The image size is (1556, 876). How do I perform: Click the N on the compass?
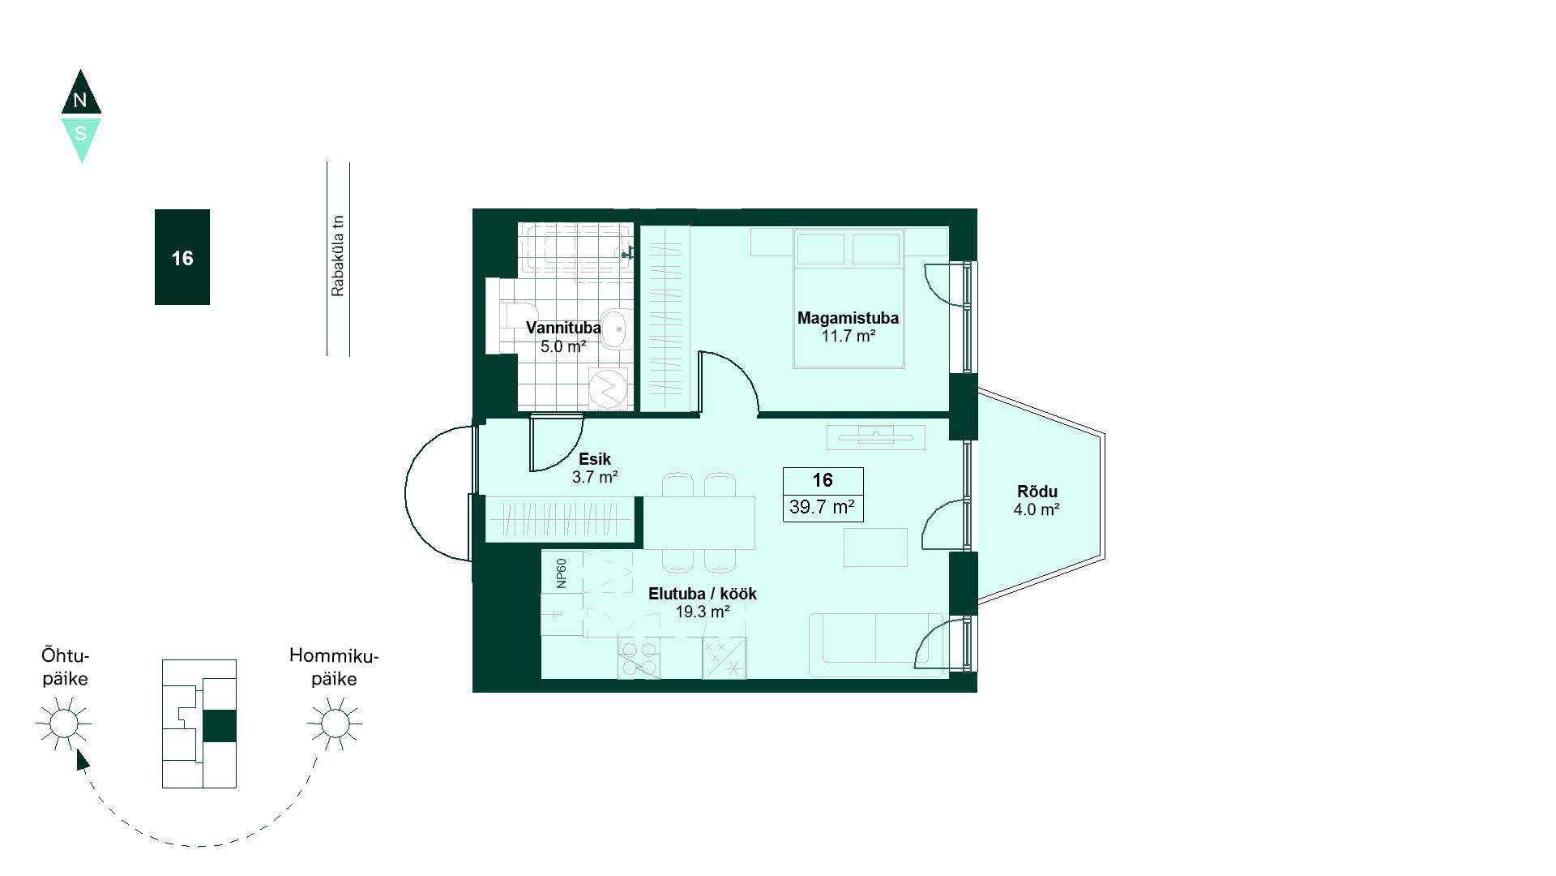click(x=79, y=101)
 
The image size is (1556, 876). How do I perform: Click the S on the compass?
click(x=80, y=133)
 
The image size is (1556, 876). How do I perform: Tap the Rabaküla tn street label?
click(x=338, y=255)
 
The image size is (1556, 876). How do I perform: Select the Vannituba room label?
click(x=563, y=328)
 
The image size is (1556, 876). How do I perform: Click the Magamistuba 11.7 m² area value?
click(x=849, y=336)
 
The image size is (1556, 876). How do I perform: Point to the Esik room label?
click(x=595, y=459)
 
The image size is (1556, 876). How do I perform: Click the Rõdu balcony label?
click(x=1037, y=492)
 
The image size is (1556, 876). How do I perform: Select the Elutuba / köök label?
click(x=703, y=594)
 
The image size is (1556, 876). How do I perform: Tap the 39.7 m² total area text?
click(x=823, y=508)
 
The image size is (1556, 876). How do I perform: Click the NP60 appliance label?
click(x=561, y=573)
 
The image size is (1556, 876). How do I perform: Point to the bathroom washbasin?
click(x=616, y=329)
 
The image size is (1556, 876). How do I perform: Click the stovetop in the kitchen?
click(x=639, y=658)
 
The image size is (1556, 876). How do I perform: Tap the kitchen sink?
click(x=724, y=658)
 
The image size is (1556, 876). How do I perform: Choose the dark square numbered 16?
click(x=182, y=257)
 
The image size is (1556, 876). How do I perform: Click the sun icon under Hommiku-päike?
click(x=335, y=723)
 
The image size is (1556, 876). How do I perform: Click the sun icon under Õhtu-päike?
click(x=64, y=723)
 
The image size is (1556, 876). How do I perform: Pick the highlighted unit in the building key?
click(x=219, y=726)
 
